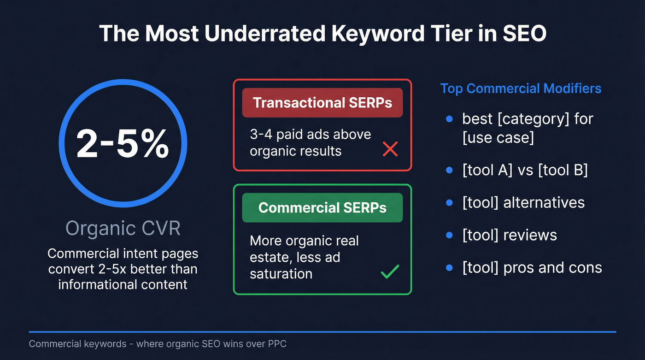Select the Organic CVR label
(123, 228)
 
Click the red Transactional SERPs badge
(322, 102)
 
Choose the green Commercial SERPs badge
(322, 207)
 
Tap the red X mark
(390, 149)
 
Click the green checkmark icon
(390, 271)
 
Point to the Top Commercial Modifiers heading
(521, 88)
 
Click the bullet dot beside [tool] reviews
(450, 235)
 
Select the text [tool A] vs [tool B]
(525, 170)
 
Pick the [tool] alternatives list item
(523, 202)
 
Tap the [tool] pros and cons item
(532, 268)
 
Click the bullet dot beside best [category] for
(450, 119)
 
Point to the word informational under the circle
(90, 284)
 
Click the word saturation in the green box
(281, 273)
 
